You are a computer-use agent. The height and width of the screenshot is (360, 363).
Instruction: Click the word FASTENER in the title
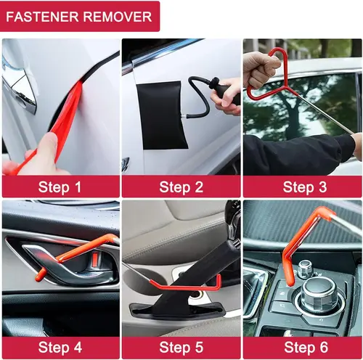click(49, 16)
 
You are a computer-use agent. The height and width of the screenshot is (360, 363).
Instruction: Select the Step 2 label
click(181, 187)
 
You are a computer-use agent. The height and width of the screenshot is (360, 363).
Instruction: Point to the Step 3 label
click(302, 187)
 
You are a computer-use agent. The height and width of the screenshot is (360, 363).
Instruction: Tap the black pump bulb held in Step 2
click(222, 93)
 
